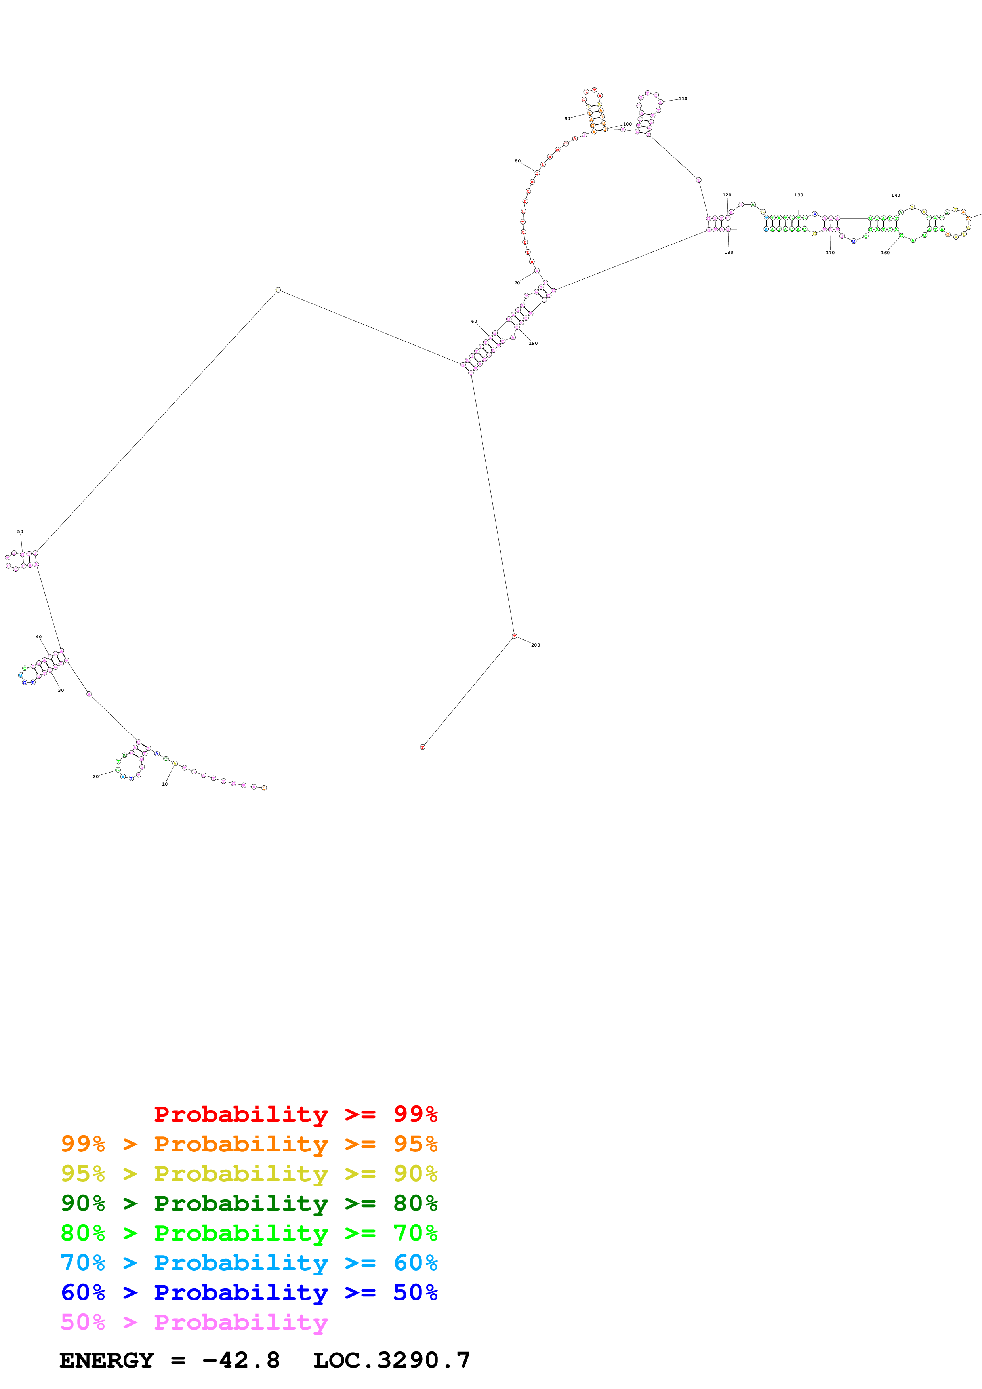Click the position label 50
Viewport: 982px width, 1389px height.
(x=20, y=531)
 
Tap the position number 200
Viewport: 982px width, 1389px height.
(x=536, y=645)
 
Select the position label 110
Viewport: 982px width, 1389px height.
(x=683, y=99)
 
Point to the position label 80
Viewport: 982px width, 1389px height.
(x=517, y=161)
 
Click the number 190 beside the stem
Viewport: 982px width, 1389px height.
(x=533, y=343)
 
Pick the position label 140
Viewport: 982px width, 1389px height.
(x=896, y=196)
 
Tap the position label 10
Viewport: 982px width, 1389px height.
(x=164, y=784)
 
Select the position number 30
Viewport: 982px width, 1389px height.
(x=61, y=690)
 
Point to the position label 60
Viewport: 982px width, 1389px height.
(x=474, y=321)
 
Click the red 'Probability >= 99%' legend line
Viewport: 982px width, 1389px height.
(x=295, y=1114)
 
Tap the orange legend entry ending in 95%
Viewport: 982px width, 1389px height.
(x=249, y=1144)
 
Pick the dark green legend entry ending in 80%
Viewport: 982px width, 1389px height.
(x=249, y=1203)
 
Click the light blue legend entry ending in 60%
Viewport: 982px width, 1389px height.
(x=249, y=1263)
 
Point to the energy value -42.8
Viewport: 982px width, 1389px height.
(x=241, y=1360)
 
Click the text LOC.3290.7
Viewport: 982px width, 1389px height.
(x=391, y=1360)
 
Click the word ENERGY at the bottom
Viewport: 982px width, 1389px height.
(x=107, y=1360)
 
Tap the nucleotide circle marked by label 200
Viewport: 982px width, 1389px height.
(x=514, y=636)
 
